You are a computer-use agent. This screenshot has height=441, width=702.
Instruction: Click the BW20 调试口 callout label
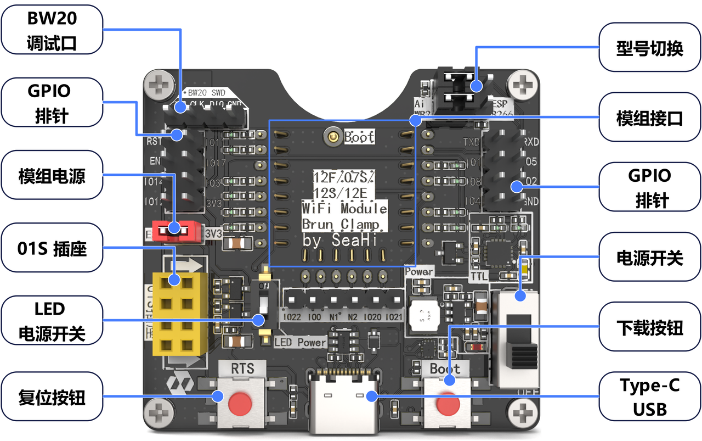click(x=52, y=31)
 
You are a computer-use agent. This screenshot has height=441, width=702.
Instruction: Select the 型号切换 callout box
click(x=649, y=48)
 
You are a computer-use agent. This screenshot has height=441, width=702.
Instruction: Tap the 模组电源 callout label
click(x=52, y=176)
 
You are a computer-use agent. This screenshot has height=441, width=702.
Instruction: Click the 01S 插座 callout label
click(x=52, y=249)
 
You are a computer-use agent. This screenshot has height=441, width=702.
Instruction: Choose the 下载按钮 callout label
click(x=649, y=328)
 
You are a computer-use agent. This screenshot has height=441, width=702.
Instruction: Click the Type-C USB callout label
click(x=649, y=397)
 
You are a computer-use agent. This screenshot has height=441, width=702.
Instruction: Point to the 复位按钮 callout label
click(x=52, y=397)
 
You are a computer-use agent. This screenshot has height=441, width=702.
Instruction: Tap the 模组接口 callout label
click(x=649, y=117)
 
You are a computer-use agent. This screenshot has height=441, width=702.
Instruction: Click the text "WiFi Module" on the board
click(x=344, y=209)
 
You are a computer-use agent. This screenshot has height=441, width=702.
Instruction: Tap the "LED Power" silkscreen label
click(x=300, y=342)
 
